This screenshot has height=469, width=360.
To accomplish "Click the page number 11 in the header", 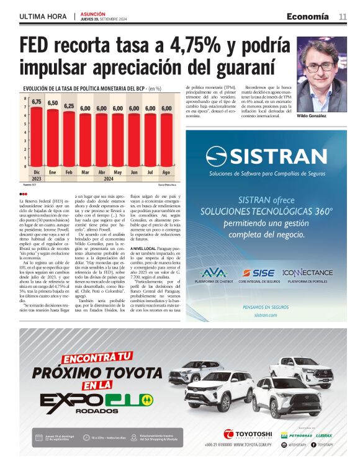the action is tap(343, 16).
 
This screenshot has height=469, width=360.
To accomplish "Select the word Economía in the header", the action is tap(308, 16).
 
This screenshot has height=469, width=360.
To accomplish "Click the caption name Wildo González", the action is tap(311, 117).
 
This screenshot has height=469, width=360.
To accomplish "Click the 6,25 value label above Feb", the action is tap(69, 106).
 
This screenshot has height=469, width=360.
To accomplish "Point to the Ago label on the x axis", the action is tap(166, 172).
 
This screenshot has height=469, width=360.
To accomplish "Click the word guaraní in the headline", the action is tap(240, 66).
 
